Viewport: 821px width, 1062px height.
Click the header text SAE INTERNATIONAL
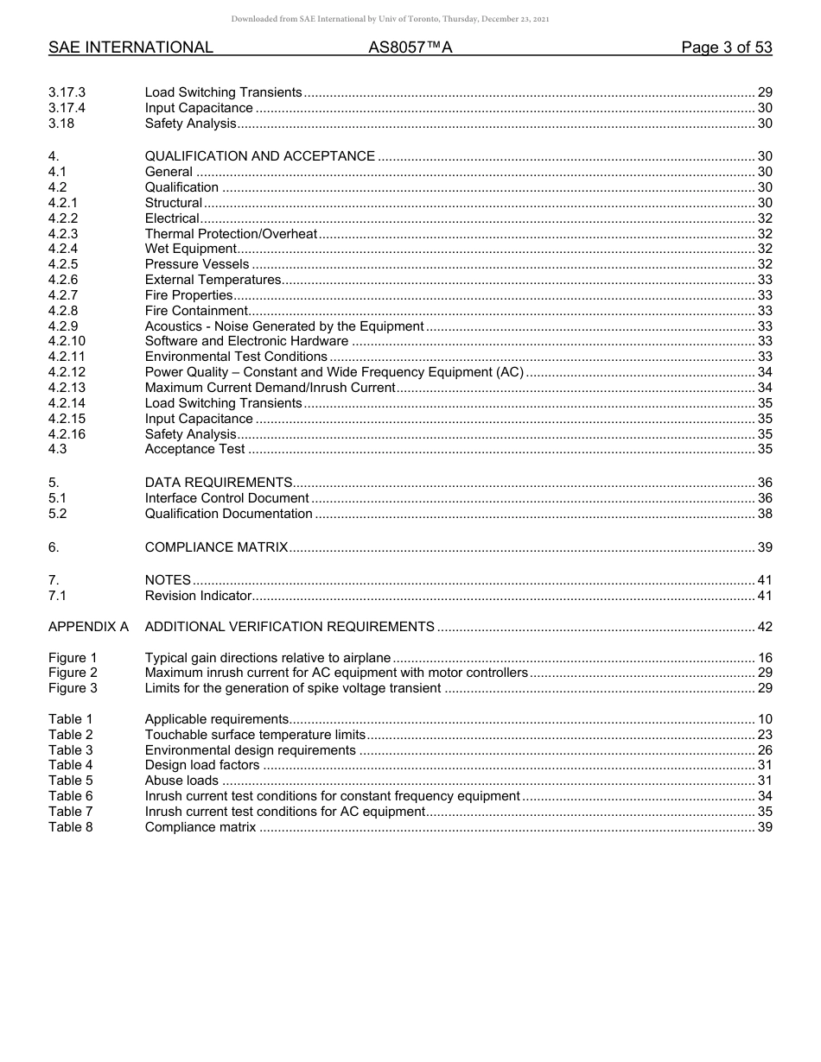pos(130,47)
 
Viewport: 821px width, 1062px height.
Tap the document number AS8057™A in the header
pos(410,47)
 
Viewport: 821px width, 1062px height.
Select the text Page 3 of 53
pos(726,47)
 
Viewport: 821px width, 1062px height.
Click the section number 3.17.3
pos(67,92)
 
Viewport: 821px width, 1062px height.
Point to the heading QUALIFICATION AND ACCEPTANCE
pos(259,156)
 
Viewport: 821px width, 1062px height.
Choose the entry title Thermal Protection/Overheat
pos(231,234)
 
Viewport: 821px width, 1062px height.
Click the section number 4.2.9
pos(63,326)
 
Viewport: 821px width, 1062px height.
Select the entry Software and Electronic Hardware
pos(246,342)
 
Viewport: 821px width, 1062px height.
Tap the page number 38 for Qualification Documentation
pos(764,514)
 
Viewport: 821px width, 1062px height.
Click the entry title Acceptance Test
pos(194,449)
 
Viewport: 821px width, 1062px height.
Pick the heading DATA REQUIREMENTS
pos(219,483)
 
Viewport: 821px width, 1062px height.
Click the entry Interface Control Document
pos(226,498)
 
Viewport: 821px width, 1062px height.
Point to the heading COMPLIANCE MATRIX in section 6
pos(216,547)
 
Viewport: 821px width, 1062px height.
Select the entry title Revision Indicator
pos(198,596)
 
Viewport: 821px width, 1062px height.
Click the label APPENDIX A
pos(88,627)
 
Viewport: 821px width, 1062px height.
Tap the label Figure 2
pos(73,673)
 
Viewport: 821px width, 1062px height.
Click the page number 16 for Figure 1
pos(764,658)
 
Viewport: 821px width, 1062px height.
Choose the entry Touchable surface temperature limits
pos(255,735)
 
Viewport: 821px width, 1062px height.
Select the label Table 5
pos(70,781)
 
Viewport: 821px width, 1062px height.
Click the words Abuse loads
pos(181,781)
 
